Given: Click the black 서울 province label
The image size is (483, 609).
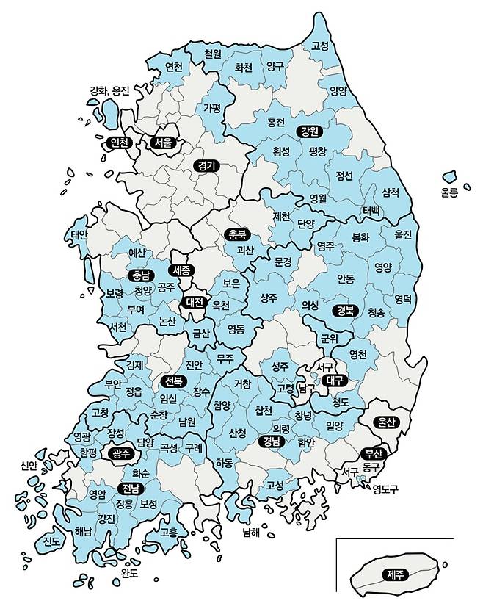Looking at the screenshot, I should point(161,143).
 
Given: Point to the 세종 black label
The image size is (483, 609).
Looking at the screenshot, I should point(181,270).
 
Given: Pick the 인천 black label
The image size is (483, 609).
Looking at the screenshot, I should point(117,143).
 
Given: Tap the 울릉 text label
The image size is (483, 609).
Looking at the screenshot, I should point(449,192).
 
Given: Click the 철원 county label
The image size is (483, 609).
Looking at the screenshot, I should point(213,54).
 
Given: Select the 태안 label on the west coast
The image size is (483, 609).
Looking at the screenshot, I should point(79,234).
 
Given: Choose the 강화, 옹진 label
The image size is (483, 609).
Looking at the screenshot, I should point(109,91).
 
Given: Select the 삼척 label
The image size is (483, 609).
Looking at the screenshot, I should point(391,192).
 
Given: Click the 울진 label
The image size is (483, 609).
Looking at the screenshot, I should point(404,235).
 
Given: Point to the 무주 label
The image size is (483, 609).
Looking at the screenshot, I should point(225,358).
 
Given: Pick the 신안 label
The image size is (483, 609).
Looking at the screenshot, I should point(29,465).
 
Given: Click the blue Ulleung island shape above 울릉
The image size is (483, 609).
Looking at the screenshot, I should point(449,178).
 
